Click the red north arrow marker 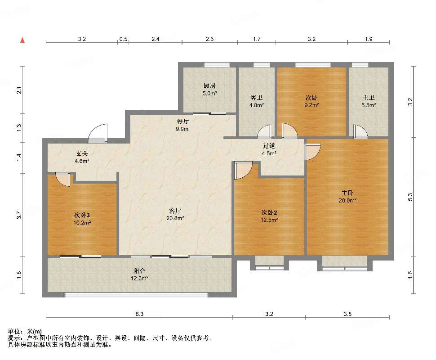tap(22, 40)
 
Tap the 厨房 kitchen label tap(209, 86)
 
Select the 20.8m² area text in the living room tap(175, 218)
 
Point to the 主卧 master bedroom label tap(347, 193)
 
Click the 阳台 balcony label tap(139, 270)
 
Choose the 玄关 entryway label tap(82, 153)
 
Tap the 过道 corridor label tap(269, 146)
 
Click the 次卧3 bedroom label tap(82, 215)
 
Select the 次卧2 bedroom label tap(269, 212)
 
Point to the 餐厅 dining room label tap(182, 121)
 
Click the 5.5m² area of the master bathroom tap(369, 105)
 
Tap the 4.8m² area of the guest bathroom tap(256, 105)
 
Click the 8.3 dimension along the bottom tap(139, 314)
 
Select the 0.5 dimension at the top tap(123, 39)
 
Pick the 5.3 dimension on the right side tap(410, 197)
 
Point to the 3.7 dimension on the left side tap(18, 215)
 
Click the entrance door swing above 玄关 tap(98, 133)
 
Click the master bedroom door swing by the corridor tap(312, 152)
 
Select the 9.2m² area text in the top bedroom tap(311, 105)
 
